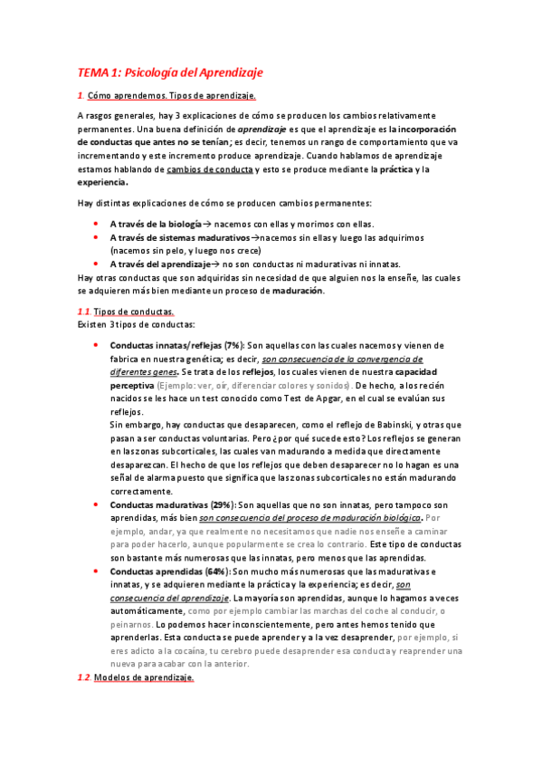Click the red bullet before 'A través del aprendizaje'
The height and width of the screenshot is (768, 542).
[97, 264]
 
